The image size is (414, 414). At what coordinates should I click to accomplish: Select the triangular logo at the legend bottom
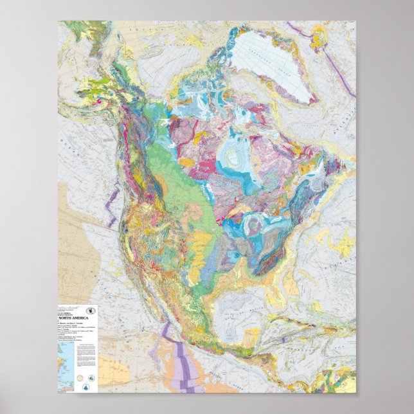coord(86,385)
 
